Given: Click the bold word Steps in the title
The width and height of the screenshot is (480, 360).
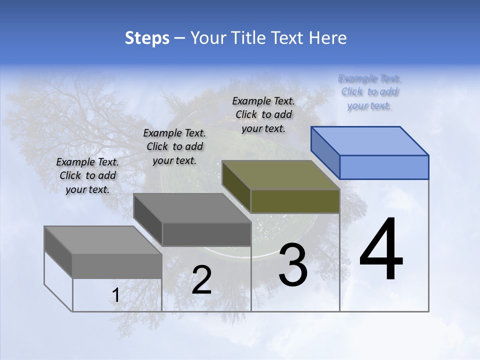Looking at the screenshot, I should pos(147,38).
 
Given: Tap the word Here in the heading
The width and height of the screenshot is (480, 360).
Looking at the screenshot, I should pos(327,38).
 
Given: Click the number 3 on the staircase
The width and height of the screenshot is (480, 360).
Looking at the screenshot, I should pos(293,265).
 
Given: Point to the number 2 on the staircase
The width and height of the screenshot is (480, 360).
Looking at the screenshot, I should pos(201,280).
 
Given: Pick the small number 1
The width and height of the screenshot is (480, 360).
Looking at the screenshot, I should pos(115,295).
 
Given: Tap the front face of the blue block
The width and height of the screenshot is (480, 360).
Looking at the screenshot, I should pos(384,167).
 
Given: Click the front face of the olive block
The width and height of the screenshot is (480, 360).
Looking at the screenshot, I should pos(295,201).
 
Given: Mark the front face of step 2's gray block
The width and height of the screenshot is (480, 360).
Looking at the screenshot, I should pos(206,234).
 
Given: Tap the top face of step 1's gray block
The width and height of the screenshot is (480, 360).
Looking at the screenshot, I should pos(103,240).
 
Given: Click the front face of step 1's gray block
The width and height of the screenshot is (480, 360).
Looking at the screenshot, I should pos(117,266).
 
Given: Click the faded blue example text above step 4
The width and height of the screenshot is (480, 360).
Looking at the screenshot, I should pos(370,92).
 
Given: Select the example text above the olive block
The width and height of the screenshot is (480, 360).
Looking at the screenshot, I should pos(263,114).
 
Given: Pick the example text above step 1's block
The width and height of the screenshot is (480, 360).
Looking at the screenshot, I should pos(87,175).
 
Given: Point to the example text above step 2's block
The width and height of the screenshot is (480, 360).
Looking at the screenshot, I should pos(174,146).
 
